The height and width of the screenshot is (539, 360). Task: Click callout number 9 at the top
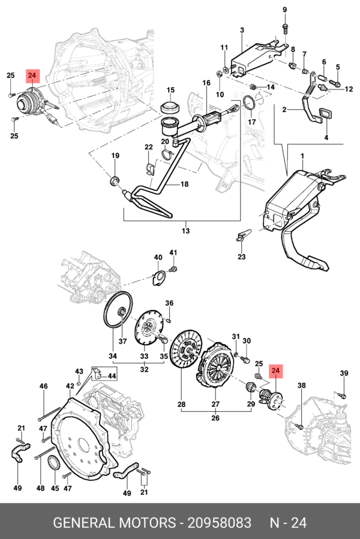[x=285, y=10]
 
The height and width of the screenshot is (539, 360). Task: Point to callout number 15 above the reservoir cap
[x=170, y=90]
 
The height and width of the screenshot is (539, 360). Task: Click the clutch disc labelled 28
[x=185, y=351]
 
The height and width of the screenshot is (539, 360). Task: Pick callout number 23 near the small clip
[x=241, y=257]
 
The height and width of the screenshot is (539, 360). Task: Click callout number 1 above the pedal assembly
[x=302, y=157]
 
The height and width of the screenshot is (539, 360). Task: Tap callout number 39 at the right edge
[x=344, y=374]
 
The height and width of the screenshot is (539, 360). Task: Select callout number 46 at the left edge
[x=43, y=386]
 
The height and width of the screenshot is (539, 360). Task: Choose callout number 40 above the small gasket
[x=158, y=258]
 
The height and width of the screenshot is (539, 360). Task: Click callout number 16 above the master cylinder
[x=206, y=83]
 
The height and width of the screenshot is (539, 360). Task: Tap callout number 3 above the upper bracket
[x=242, y=31]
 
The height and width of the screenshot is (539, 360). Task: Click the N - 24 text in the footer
[x=287, y=523]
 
